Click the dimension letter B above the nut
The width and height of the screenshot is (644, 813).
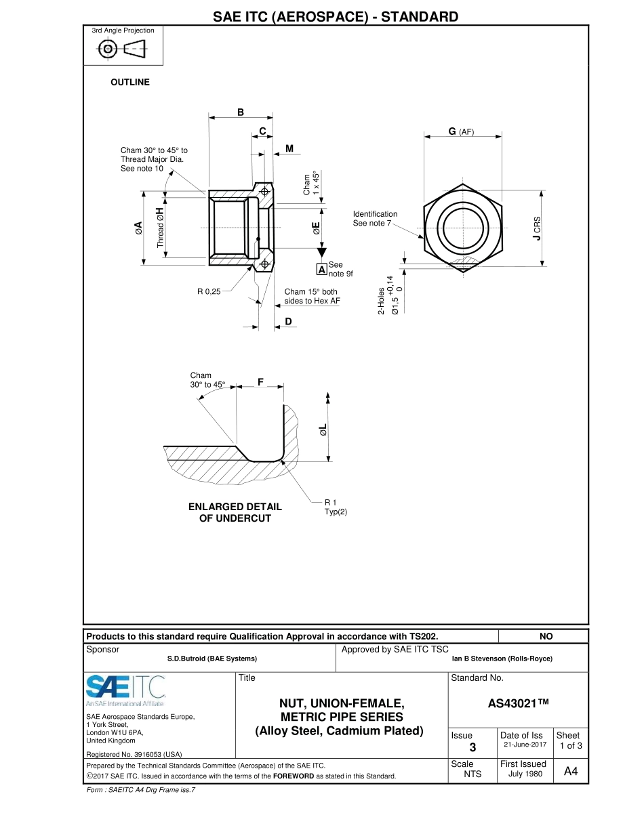pos(240,112)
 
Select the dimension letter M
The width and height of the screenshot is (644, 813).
pos(289,148)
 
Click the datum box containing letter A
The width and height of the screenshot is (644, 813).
pos(322,269)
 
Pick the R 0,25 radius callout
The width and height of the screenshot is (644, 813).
pos(209,292)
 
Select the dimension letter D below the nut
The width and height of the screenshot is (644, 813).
pos(288,321)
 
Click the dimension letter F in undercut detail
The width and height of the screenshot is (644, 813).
pos(260,382)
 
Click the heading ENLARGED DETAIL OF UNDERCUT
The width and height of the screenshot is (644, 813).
pos(235,512)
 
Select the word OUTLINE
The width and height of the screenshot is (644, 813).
pos(130,82)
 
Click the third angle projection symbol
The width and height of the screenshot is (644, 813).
pos(123,49)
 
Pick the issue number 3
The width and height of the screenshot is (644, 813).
pos(472,747)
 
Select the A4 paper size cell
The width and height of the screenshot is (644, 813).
pos(570,770)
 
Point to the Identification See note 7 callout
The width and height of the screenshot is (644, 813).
pos(375,218)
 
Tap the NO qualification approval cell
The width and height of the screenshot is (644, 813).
pos(546,636)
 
